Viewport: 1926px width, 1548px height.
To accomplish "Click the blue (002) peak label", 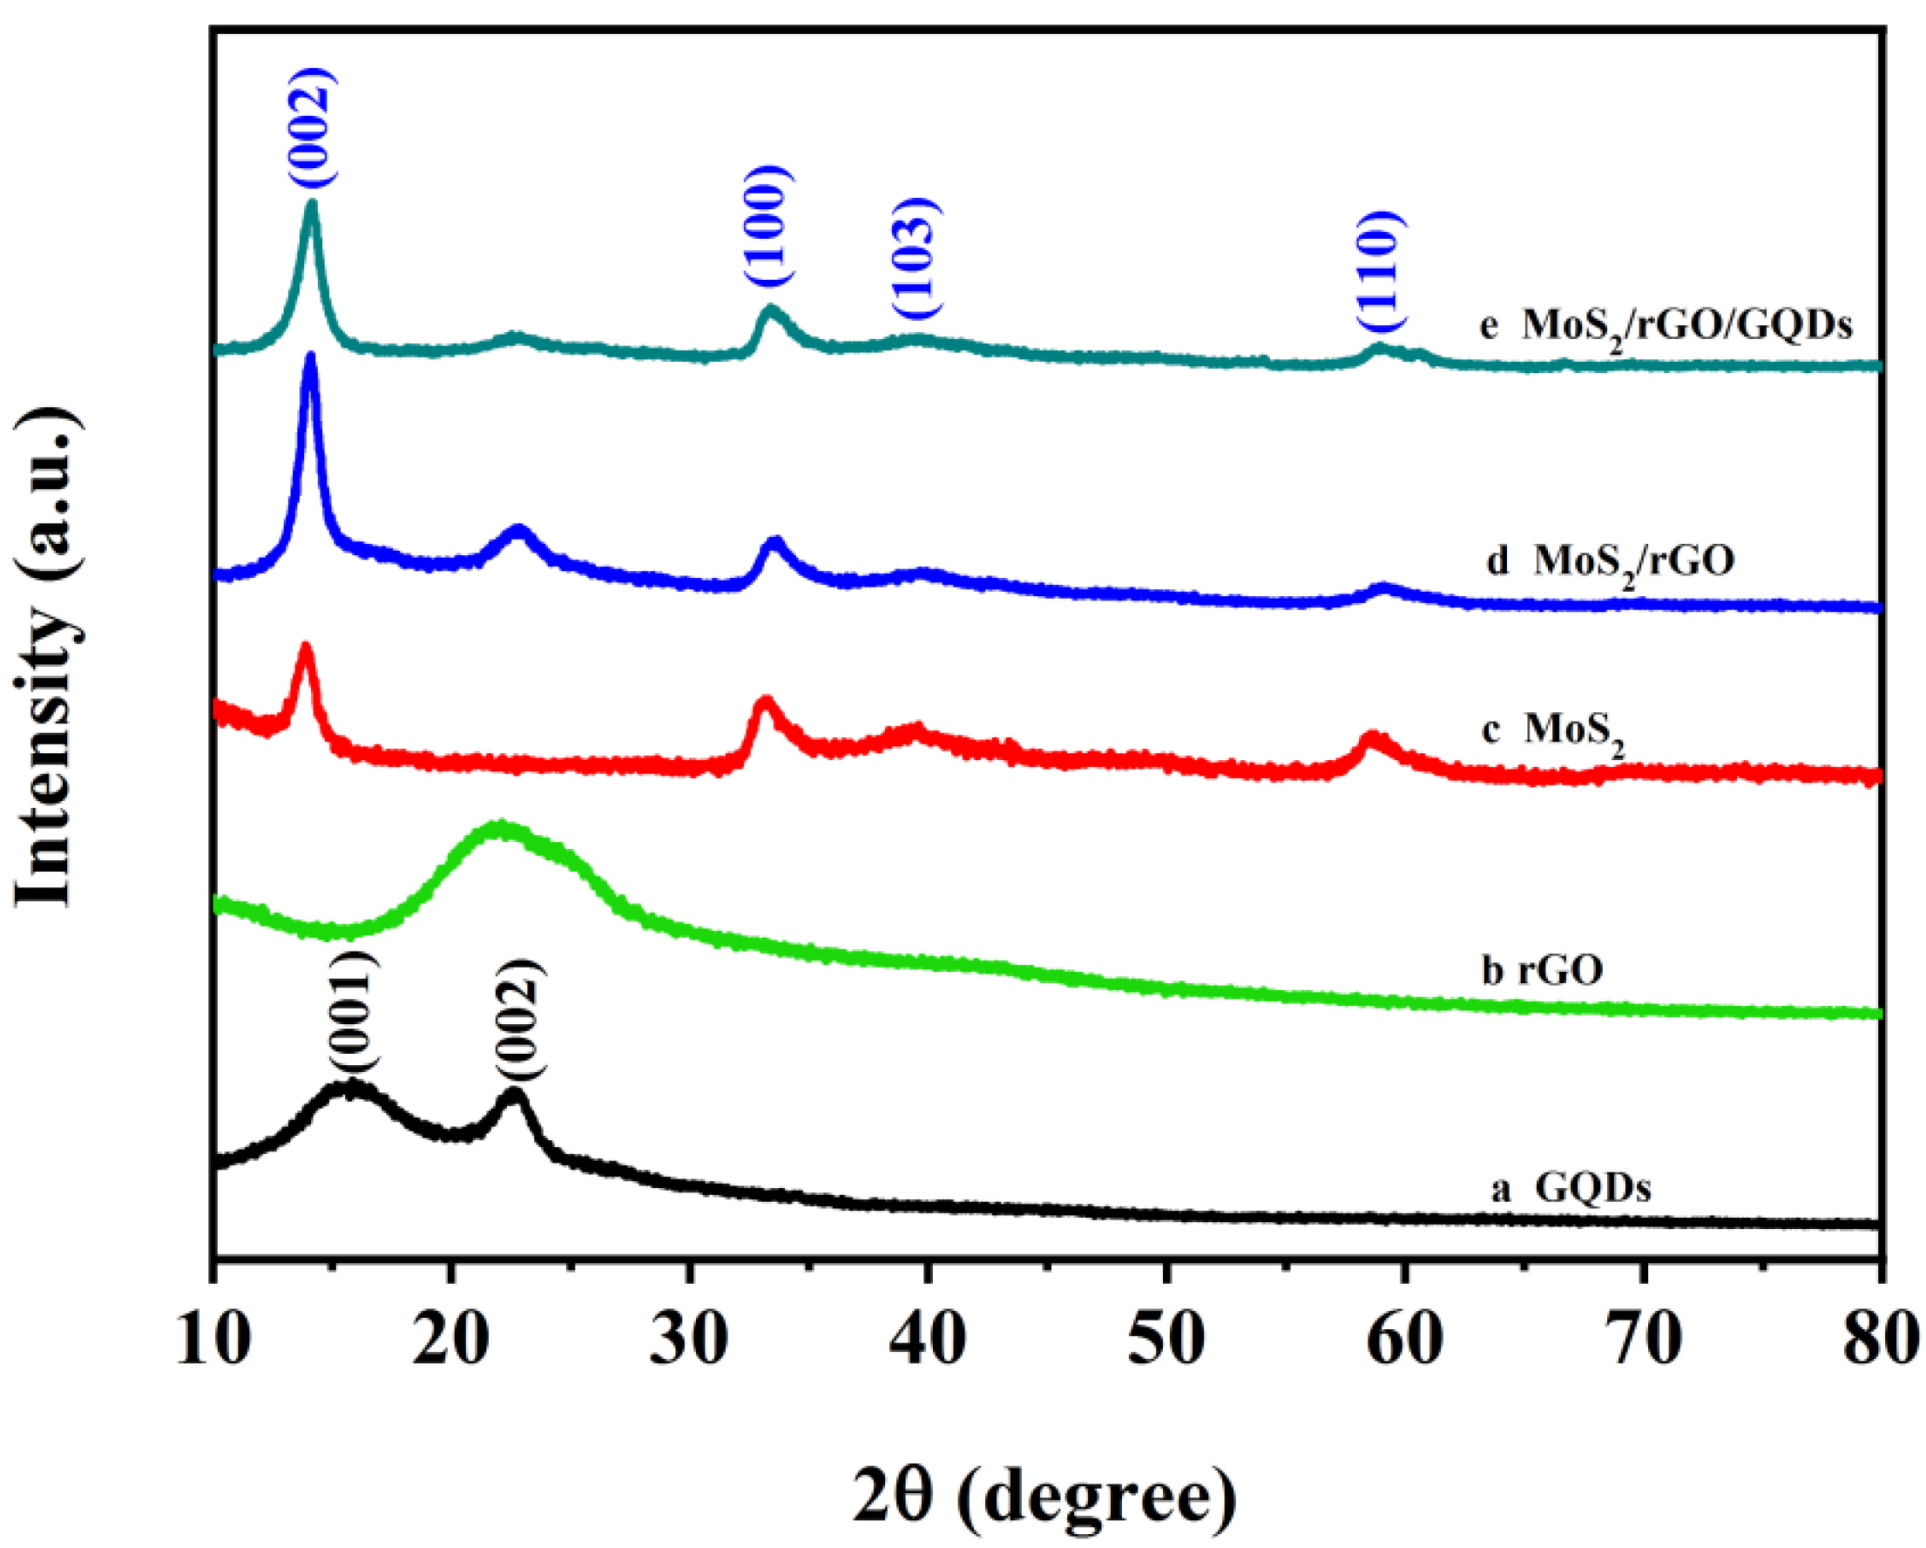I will (312, 127).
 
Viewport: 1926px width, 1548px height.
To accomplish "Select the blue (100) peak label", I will (769, 225).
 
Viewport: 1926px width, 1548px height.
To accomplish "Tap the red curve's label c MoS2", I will (1552, 731).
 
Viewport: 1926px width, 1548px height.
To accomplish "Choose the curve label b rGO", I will (1543, 970).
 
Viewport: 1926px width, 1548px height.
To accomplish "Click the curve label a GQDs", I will (1571, 1189).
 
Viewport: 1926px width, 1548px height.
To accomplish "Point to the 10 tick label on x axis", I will (213, 1338).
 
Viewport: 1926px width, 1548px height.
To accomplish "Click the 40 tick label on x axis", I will (929, 1338).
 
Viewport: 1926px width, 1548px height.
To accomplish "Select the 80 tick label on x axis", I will (1881, 1338).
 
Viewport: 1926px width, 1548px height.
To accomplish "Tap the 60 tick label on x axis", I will (1405, 1338).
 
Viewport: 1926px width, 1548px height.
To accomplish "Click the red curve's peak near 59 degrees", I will (1372, 738).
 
